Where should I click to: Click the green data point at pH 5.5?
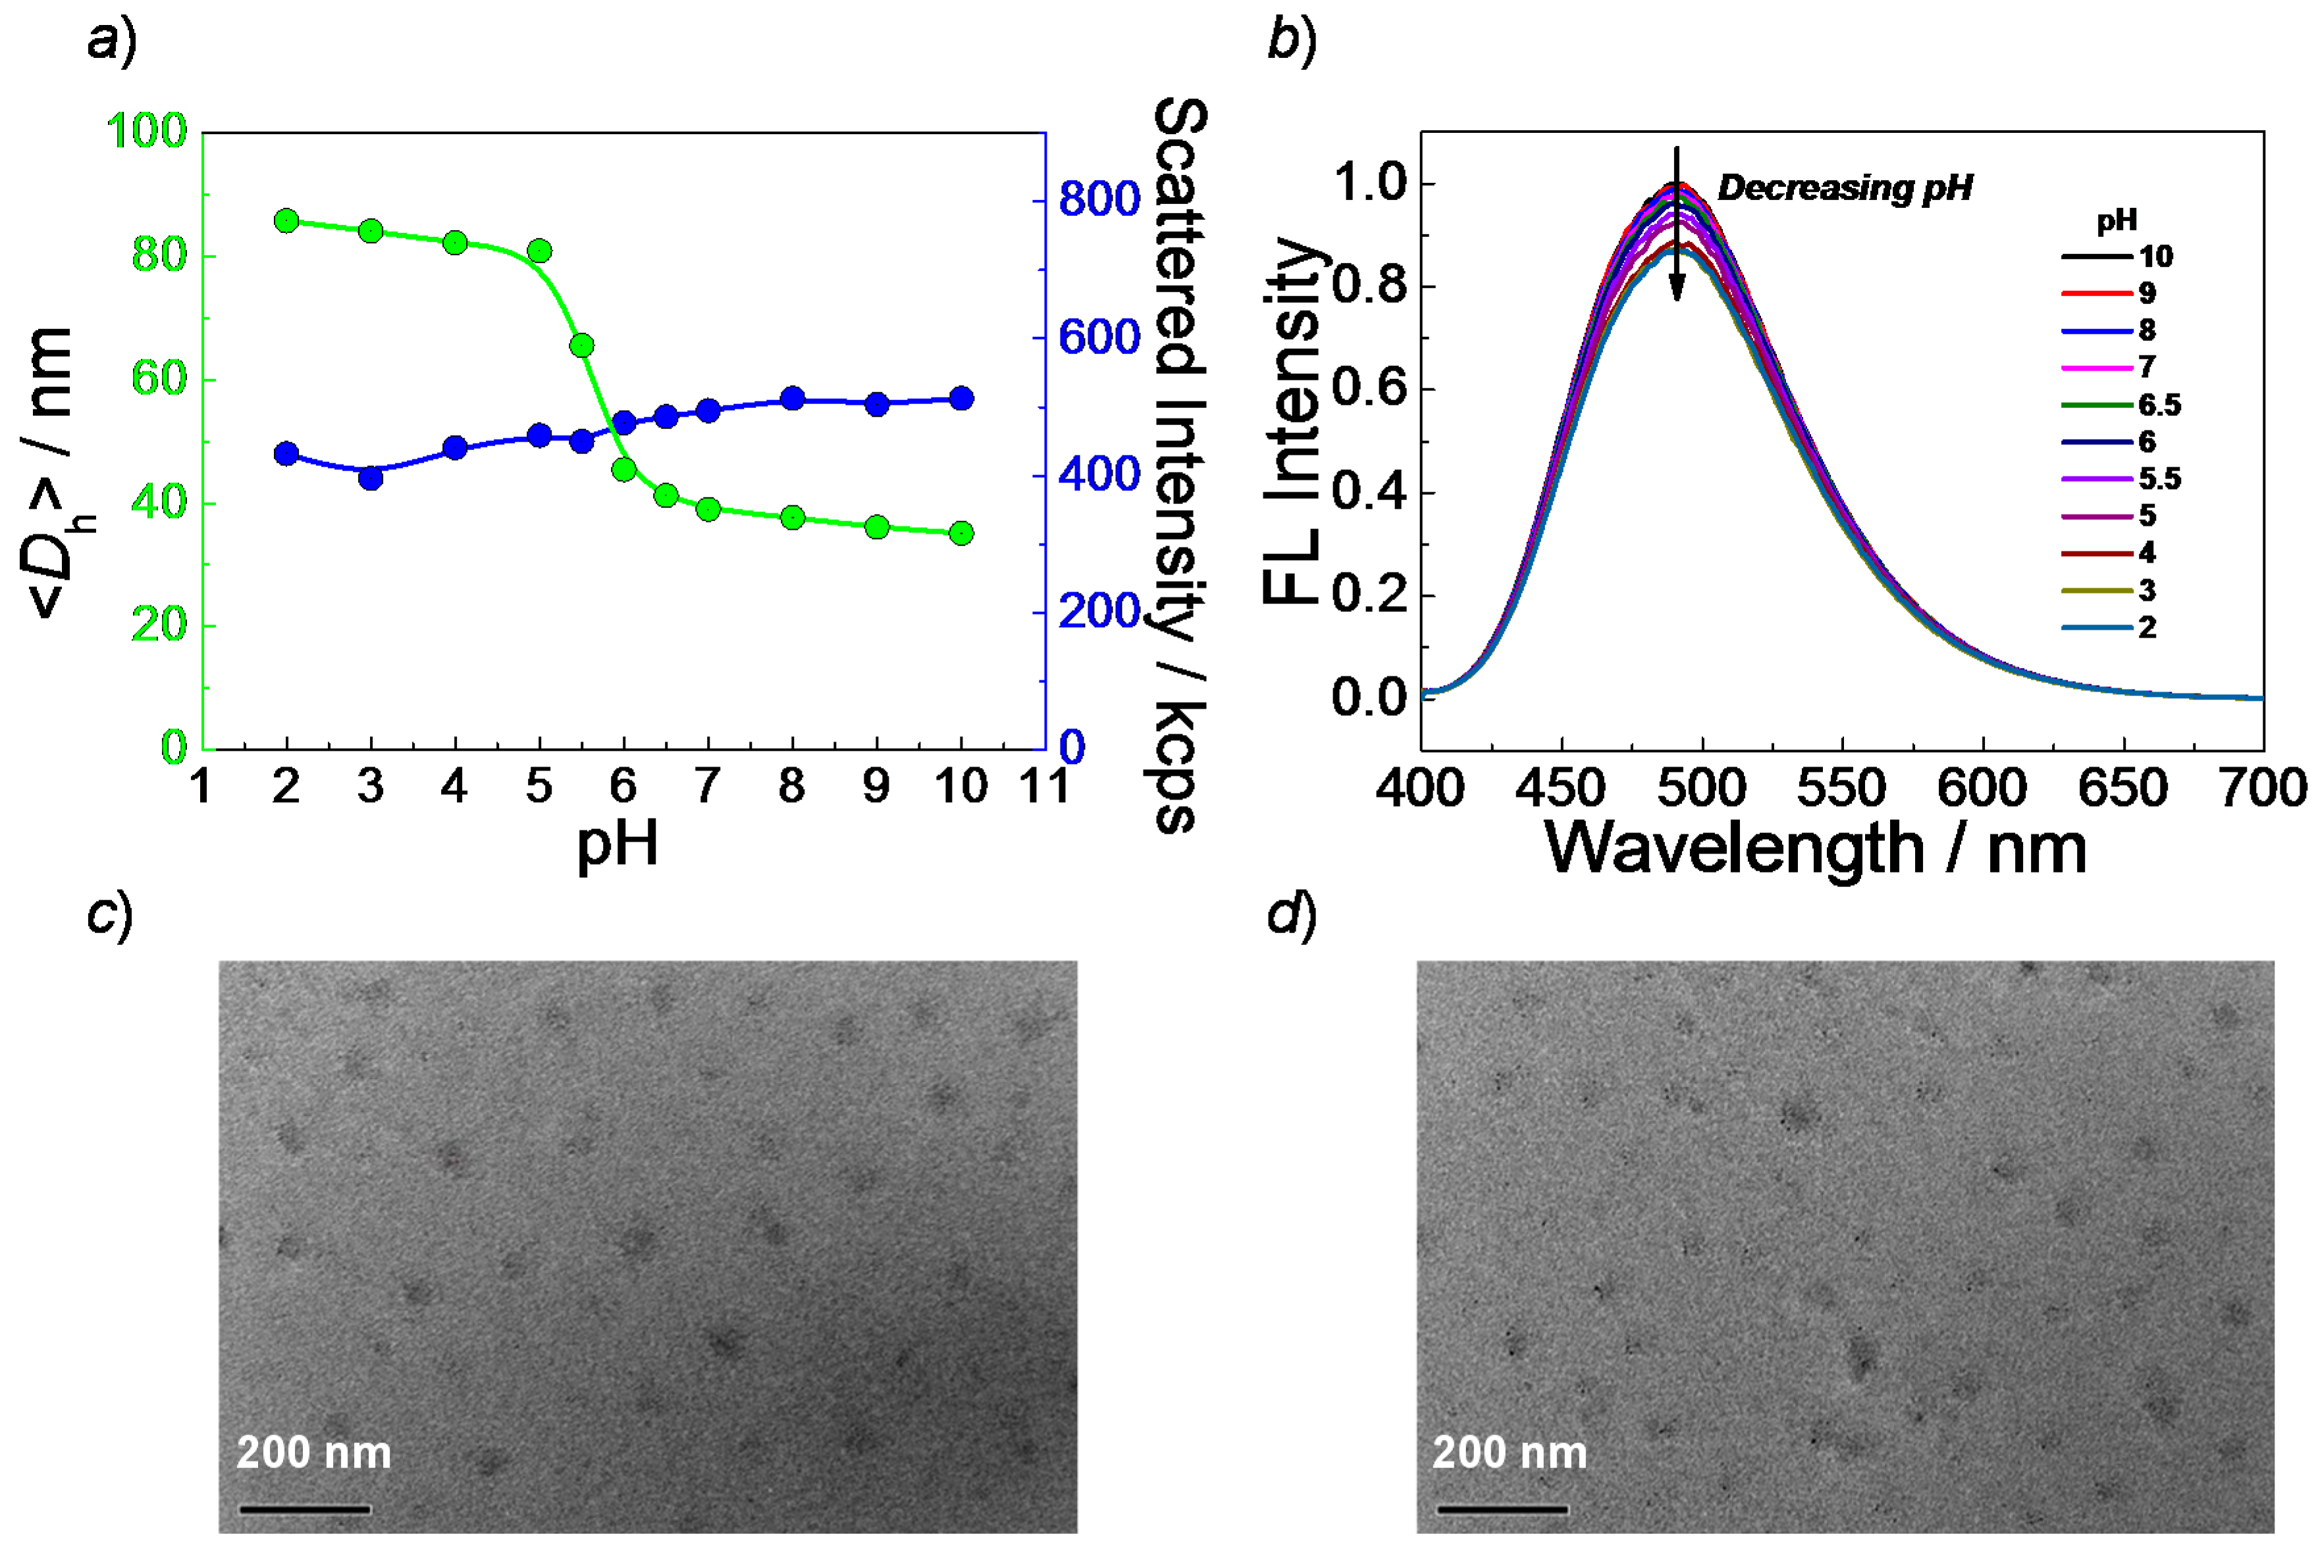(x=581, y=345)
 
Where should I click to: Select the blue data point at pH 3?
(x=370, y=478)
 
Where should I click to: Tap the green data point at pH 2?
(x=286, y=220)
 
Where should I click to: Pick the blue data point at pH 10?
(x=961, y=399)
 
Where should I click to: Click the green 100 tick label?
(x=146, y=131)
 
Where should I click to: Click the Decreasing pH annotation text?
(x=1845, y=188)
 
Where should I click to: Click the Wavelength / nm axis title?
(x=1816, y=848)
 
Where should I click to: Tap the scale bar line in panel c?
(x=305, y=1509)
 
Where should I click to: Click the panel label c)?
(x=109, y=915)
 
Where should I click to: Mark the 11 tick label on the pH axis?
(x=1044, y=787)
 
